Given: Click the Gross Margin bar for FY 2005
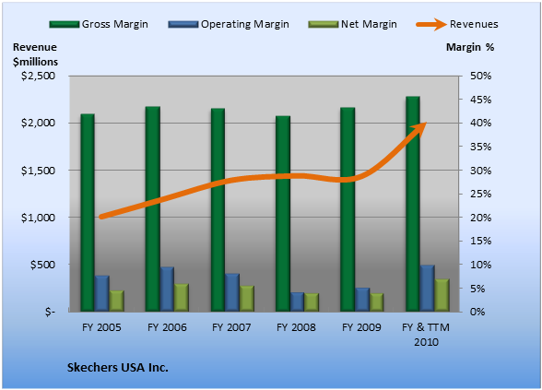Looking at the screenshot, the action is coord(88,212).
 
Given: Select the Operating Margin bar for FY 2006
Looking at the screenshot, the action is coord(167,290).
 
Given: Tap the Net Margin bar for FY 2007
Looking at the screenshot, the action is coord(247,299).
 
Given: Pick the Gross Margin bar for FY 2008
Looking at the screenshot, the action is coord(283,213).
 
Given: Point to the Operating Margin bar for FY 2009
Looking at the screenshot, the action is coord(362,300).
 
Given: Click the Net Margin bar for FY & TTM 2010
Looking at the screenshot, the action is coord(442,295).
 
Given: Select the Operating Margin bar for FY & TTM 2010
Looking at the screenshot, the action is coord(428,288).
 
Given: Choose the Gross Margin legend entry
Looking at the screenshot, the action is coord(99,24).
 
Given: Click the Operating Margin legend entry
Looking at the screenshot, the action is coord(229,24).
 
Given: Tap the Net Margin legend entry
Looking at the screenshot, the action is coord(352,24).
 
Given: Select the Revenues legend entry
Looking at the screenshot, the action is coord(457,24).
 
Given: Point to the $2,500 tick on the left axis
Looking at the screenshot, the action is coord(39,76).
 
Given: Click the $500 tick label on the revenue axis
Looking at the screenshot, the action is coord(42,265).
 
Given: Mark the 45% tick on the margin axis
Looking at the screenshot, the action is coord(480,100).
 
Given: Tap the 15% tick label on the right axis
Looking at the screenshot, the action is coord(480,241).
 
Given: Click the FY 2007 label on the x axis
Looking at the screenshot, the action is coord(231,327).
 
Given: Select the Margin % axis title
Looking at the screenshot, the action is coord(470,47).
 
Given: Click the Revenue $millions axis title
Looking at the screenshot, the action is coord(35,54).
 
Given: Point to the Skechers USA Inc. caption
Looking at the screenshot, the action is coord(118,368).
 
